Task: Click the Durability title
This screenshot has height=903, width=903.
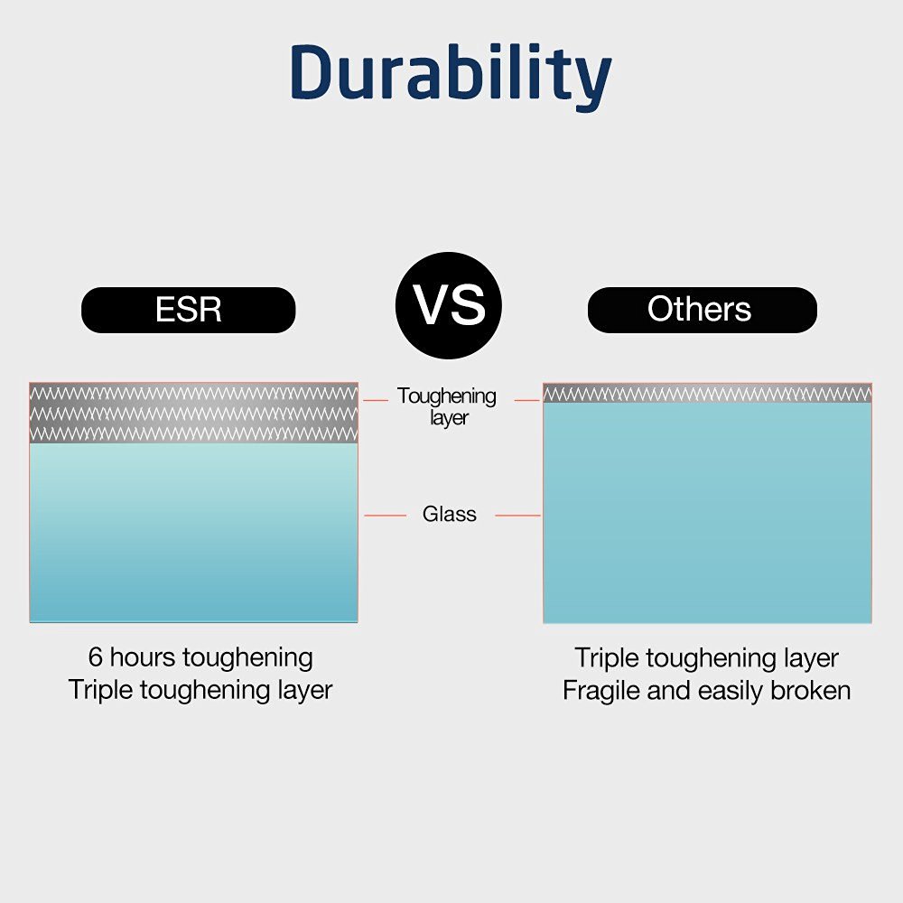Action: [x=451, y=76]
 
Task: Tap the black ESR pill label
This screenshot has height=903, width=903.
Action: [x=189, y=310]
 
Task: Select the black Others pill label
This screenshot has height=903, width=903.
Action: [x=702, y=310]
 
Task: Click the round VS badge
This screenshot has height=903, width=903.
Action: [x=449, y=305]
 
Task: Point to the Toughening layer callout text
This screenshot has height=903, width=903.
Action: [x=447, y=406]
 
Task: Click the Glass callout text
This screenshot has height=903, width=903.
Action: [x=449, y=514]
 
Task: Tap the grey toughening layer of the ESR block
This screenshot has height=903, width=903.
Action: [x=193, y=413]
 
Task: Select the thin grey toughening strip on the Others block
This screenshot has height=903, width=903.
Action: [x=707, y=394]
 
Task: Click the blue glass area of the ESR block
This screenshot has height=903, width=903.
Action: [x=193, y=533]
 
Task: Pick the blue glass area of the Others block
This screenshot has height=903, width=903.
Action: [x=707, y=513]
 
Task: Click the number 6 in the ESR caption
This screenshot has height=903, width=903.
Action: [x=96, y=657]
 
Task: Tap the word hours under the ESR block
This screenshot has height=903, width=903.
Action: [x=143, y=657]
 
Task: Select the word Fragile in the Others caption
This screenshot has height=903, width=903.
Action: [x=601, y=691]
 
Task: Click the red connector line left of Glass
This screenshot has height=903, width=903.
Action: [x=385, y=516]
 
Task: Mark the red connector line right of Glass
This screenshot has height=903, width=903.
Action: [x=517, y=516]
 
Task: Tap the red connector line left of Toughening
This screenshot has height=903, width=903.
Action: [x=376, y=400]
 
